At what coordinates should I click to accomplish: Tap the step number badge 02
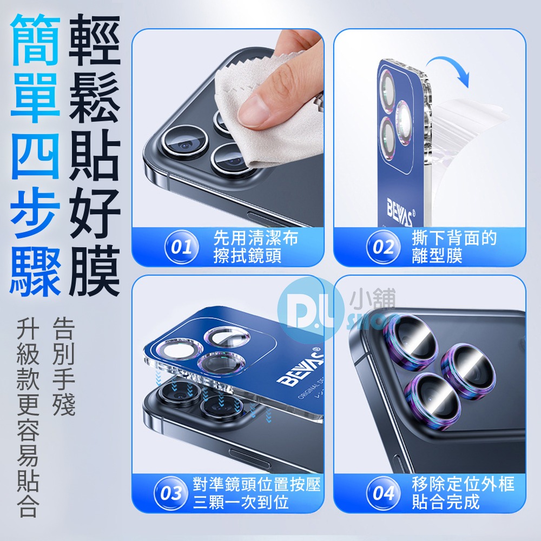click(383, 248)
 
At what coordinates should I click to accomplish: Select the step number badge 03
click(171, 493)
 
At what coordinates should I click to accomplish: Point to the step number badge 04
click(383, 493)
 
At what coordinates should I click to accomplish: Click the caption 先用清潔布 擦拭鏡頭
click(255, 247)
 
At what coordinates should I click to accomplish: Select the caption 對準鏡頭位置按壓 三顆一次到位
click(256, 493)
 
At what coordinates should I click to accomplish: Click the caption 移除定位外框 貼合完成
click(463, 493)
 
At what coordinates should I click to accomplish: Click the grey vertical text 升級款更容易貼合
click(27, 417)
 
